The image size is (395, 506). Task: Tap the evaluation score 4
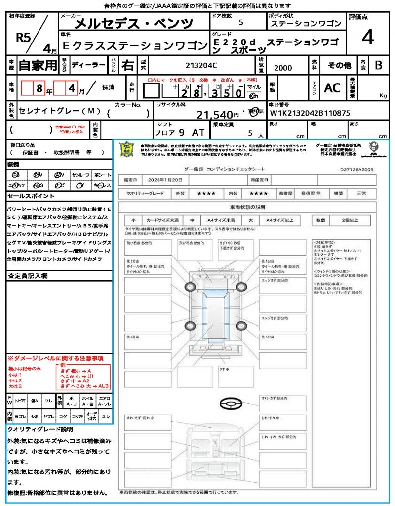(367, 37)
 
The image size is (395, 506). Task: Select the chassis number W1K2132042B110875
(309, 113)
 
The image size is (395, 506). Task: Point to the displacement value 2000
(282, 68)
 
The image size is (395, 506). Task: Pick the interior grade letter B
(378, 65)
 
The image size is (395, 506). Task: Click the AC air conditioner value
(332, 87)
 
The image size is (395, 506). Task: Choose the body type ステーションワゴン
(306, 24)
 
